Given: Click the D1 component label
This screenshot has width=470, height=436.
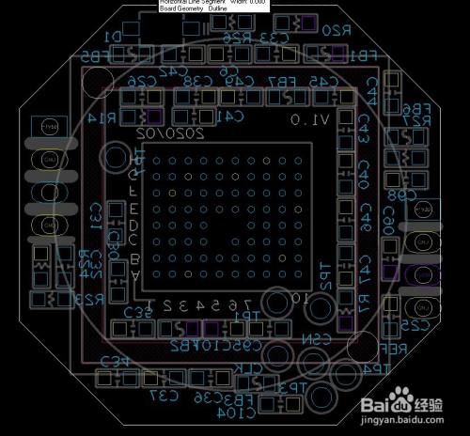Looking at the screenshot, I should click(114, 35).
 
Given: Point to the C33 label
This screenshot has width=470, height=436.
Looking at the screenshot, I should click(274, 38).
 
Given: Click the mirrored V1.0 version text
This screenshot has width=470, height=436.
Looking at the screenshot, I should click(310, 119).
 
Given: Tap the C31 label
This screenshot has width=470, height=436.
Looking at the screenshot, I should click(95, 215).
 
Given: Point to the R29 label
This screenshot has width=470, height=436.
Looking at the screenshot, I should click(89, 299).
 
